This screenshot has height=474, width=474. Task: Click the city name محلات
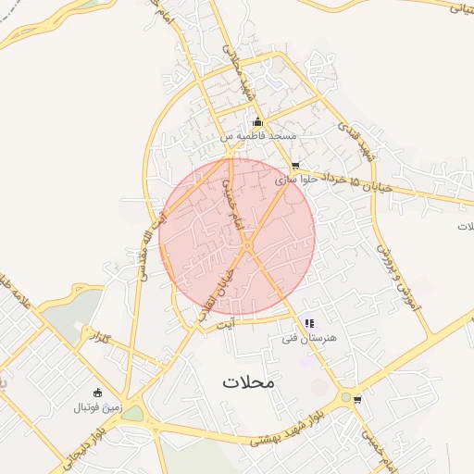click(250, 381)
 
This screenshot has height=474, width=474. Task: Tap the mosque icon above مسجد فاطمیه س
click(257, 122)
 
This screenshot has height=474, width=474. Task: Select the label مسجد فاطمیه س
click(258, 136)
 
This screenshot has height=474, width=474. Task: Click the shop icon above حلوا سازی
click(295, 167)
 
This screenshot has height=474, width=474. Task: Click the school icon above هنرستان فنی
click(309, 324)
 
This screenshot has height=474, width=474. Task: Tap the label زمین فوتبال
click(96, 406)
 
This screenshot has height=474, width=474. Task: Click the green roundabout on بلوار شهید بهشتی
click(345, 398)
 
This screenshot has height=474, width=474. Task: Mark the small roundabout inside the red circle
click(248, 244)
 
